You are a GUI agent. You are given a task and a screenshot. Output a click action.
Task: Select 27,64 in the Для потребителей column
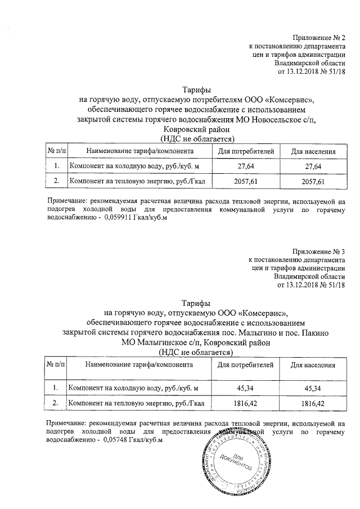pyautogui.click(x=245, y=166)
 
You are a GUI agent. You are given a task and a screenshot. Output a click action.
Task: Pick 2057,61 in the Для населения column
pyautogui.click(x=313, y=182)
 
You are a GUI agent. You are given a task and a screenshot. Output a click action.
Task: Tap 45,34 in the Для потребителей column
pyautogui.click(x=245, y=388)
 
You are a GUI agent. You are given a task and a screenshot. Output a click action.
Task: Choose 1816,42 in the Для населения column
pyautogui.click(x=313, y=403)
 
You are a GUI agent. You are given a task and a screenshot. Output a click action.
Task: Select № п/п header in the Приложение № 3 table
pyautogui.click(x=55, y=365)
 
